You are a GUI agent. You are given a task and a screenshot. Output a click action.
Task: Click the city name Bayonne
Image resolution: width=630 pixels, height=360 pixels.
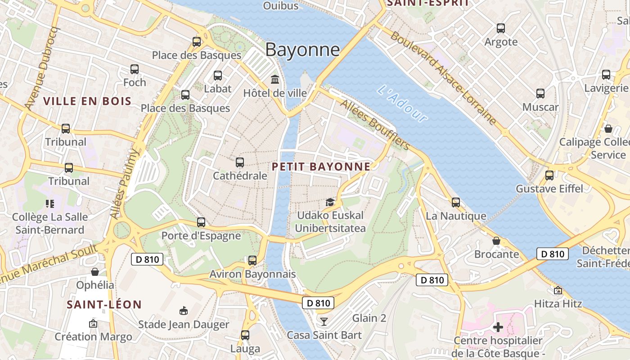[x=302, y=49]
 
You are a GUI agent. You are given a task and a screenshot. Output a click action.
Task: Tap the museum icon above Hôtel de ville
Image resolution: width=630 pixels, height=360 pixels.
[x=274, y=80]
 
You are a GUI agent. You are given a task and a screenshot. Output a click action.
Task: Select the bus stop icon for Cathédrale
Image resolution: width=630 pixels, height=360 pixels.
[x=240, y=162]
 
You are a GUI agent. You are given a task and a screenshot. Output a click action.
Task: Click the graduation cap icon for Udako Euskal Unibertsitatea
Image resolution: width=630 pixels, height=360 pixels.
[x=330, y=202]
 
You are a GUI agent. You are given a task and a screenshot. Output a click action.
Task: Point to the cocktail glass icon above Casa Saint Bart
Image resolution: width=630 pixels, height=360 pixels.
[x=324, y=321]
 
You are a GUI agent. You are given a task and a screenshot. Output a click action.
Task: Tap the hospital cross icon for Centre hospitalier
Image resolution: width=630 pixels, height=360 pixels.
[x=498, y=327]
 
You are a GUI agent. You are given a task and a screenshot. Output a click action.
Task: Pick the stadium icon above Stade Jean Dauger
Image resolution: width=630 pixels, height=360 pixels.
[x=183, y=310]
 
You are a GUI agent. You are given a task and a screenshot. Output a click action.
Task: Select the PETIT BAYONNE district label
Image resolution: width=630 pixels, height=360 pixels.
[x=321, y=166]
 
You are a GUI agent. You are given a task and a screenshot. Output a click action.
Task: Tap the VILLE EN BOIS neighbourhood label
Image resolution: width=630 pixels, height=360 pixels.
[x=87, y=101]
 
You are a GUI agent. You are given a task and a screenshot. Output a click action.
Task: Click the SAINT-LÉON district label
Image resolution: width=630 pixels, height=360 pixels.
[x=104, y=305]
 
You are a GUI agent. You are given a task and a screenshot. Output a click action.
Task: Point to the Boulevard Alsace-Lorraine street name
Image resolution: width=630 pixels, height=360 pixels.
[x=443, y=78]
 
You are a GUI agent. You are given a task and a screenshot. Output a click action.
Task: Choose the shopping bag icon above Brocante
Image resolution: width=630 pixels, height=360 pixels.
[x=496, y=241]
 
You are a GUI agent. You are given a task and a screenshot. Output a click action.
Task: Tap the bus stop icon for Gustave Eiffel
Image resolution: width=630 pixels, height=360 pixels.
[x=549, y=175]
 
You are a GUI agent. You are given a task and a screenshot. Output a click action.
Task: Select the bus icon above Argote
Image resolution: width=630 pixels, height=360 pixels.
[x=501, y=28]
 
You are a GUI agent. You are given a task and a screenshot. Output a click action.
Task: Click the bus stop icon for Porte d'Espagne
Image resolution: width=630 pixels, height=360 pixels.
[x=201, y=222]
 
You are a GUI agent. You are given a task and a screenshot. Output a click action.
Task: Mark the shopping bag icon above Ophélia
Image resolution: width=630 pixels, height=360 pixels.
[x=95, y=271]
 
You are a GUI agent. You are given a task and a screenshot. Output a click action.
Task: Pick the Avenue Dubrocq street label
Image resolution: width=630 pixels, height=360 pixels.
[x=43, y=68]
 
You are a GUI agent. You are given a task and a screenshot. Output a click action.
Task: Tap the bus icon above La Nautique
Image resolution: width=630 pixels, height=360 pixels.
[x=456, y=202]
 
